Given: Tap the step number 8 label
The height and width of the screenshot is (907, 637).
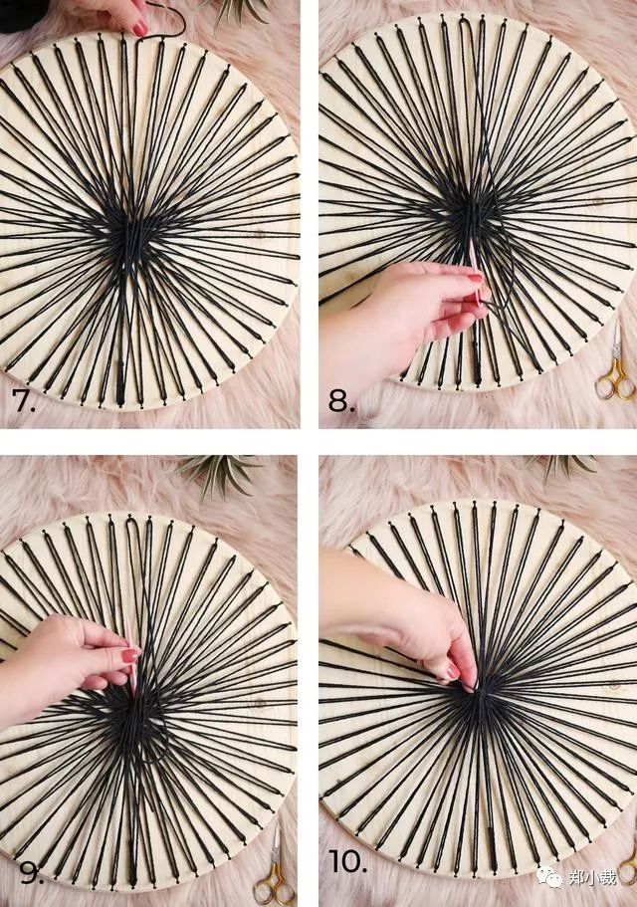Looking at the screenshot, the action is [x=341, y=400].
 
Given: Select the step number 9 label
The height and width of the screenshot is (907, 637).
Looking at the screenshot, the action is [x=31, y=872].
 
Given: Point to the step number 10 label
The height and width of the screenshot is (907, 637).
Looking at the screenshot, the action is [x=348, y=861].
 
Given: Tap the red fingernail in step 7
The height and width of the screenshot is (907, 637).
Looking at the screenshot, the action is [x=140, y=28].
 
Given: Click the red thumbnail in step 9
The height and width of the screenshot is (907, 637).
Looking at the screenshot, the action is [x=130, y=655].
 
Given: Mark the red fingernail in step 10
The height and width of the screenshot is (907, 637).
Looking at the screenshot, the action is [x=453, y=670].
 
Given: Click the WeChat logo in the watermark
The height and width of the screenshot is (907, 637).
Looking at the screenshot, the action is [x=548, y=877].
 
